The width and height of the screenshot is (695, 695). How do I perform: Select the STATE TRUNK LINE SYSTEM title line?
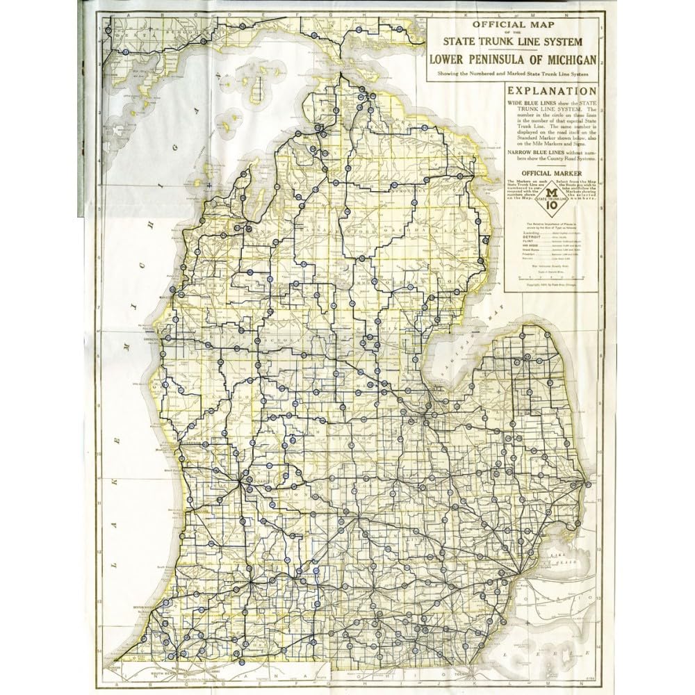(x=512, y=44)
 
